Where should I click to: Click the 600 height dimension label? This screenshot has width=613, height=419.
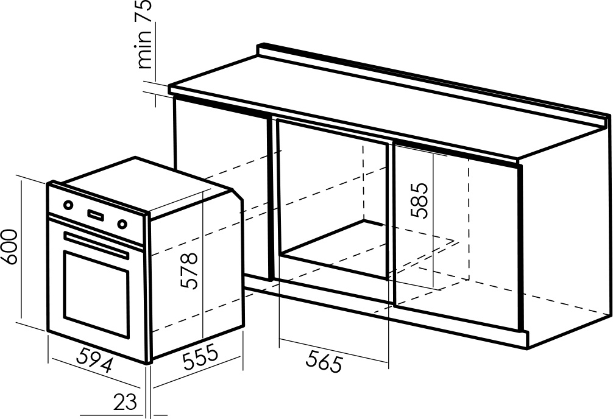point(9,247)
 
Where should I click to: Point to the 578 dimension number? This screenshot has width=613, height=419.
point(190,271)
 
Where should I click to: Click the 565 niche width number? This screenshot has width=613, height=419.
point(324,361)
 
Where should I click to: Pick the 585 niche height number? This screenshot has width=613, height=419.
point(420,200)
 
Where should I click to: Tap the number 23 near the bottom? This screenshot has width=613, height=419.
point(126,401)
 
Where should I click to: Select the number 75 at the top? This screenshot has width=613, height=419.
point(143,11)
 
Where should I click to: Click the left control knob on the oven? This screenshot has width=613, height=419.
point(68,205)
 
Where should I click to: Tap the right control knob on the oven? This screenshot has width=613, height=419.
point(122,224)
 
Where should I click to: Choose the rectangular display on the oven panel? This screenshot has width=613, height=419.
point(96,214)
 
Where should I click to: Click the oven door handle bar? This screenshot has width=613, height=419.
point(96,245)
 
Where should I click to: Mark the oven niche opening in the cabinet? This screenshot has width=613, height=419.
point(332,199)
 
